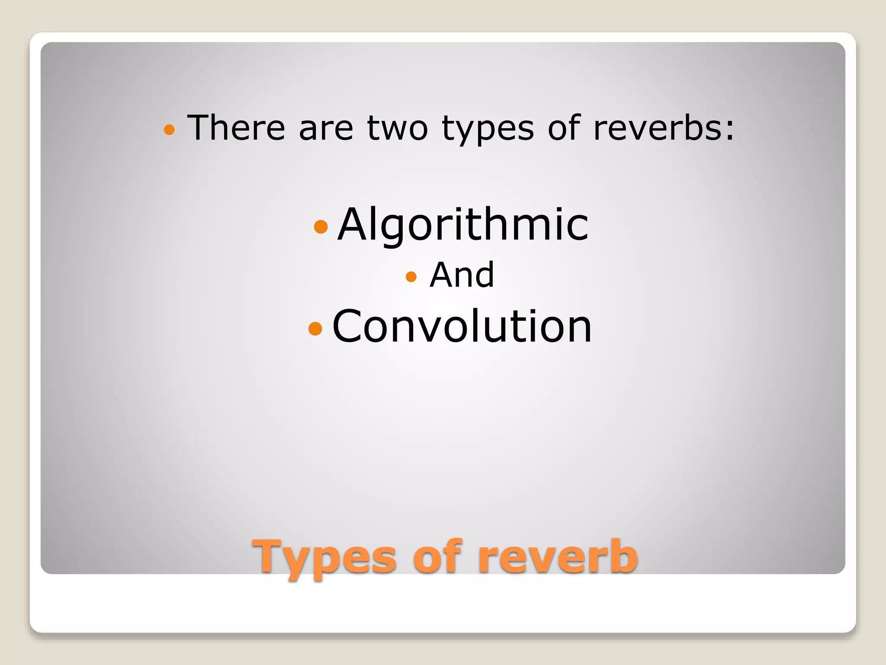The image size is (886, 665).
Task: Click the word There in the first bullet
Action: point(236,128)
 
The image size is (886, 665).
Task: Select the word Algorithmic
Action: point(463,225)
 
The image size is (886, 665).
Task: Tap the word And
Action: point(462,275)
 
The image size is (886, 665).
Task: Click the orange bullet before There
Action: point(169,129)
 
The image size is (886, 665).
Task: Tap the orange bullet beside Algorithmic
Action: point(321,226)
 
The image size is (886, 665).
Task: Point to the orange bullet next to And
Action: point(411,276)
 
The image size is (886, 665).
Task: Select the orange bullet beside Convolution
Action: point(315,328)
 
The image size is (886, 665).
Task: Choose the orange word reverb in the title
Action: point(558,557)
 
